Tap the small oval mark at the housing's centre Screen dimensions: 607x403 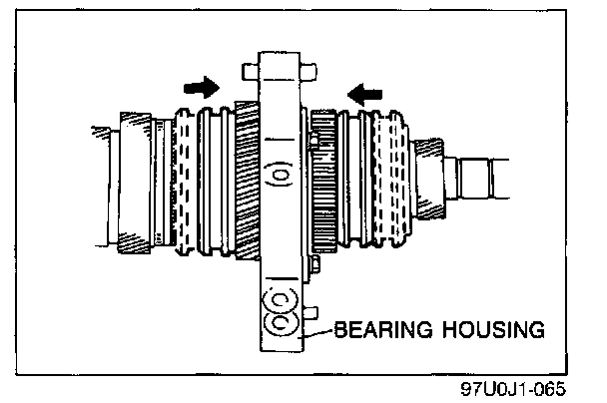pos(281,178)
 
